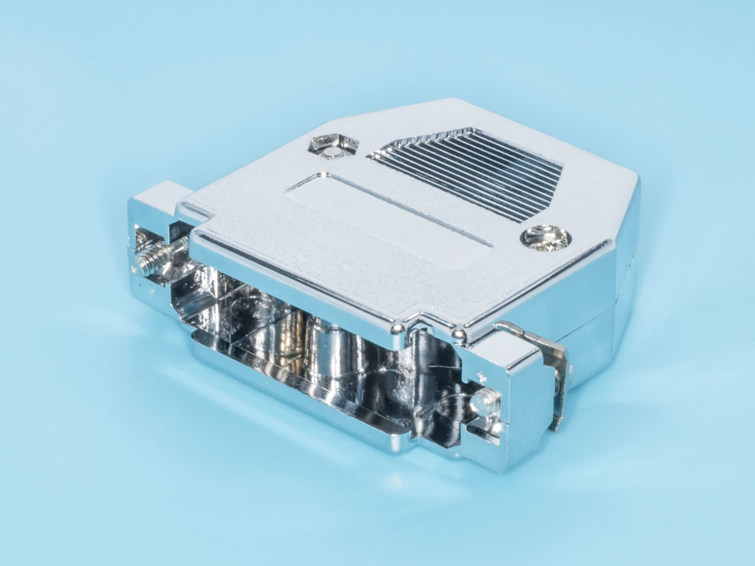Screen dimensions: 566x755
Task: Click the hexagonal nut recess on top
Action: point(333,145)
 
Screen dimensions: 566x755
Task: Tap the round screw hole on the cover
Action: point(545,238)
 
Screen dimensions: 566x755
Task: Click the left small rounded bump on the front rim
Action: point(397,328)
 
